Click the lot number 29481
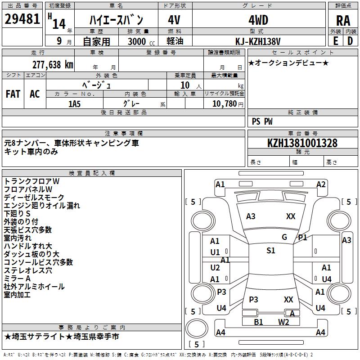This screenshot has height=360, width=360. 22,19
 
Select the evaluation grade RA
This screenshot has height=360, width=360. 343,21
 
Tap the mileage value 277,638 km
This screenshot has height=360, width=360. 53,65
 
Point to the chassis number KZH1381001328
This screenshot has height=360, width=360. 302,143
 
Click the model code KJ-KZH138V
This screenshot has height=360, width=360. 258,41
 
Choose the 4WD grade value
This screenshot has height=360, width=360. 258,20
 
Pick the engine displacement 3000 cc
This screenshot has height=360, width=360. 141,41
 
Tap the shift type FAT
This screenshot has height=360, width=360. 13,94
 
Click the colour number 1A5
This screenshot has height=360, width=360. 74,104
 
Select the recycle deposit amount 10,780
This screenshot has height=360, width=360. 224,104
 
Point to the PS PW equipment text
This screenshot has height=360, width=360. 262,121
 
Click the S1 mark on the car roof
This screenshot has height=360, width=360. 271,251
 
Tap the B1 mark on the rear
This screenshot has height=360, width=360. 258,322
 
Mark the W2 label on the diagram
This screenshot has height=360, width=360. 283,322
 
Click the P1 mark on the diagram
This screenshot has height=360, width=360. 302,238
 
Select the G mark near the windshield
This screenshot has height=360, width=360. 284,237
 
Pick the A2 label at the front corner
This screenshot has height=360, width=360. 321,184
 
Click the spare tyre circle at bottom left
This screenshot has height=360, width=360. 197,328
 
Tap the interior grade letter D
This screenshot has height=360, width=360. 350,41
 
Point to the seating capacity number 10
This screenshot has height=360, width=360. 185,85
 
